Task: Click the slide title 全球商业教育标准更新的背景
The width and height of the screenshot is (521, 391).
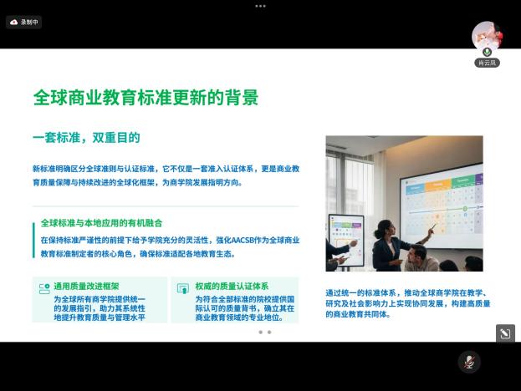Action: pos(146,97)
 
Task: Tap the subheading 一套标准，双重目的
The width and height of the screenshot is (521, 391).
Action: pos(86,137)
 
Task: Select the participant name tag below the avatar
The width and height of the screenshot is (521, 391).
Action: pos(487,63)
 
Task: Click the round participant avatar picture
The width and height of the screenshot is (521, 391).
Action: pos(487,36)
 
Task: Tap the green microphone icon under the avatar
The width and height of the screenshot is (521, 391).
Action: pos(488,52)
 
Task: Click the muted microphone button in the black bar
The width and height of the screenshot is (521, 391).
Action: pos(469,362)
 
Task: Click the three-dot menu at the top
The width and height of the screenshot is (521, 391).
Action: pos(260,6)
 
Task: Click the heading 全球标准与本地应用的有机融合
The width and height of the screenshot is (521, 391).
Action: pos(101,223)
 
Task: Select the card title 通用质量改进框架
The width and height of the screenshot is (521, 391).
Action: pos(86,286)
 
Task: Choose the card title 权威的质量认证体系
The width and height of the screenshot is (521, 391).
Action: pos(232,286)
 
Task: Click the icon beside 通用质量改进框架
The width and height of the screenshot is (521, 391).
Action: pos(44,288)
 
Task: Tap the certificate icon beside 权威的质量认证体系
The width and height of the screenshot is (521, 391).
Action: pos(183,288)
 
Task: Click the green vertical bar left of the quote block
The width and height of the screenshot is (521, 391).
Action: pos(33,241)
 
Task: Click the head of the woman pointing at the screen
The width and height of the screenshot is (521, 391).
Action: pos(385,229)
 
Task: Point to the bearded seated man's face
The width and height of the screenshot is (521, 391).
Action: pos(414,255)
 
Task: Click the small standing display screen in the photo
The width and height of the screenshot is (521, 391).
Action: pos(346,240)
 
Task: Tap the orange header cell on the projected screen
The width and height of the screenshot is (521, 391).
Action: pos(438,185)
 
